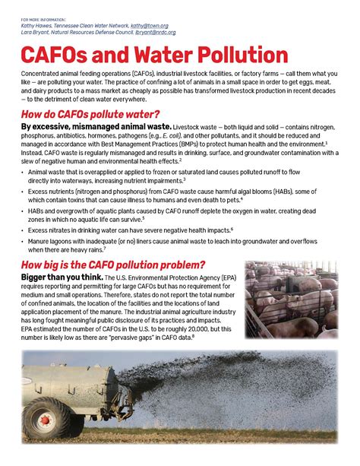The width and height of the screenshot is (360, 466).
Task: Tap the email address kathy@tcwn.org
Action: pyautogui.click(x=149, y=25)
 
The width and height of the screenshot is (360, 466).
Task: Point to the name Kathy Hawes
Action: pyautogui.click(x=37, y=25)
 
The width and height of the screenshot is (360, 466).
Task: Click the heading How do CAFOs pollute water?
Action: pyautogui.click(x=92, y=114)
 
